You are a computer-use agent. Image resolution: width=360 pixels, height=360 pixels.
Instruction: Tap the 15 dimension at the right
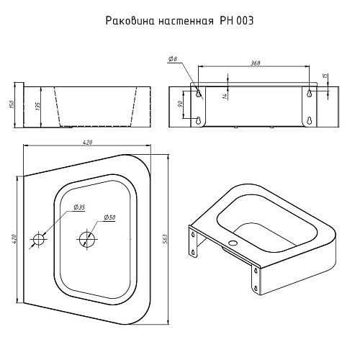click(x=325, y=76)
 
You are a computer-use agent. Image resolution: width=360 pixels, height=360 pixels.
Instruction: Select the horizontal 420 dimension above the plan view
click(x=88, y=143)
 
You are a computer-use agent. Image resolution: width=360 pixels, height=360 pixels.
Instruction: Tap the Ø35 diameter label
click(x=79, y=208)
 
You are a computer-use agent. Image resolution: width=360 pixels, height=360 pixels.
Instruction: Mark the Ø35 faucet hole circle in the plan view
click(x=38, y=237)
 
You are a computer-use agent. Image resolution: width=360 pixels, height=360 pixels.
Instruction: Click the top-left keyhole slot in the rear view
click(x=199, y=93)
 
